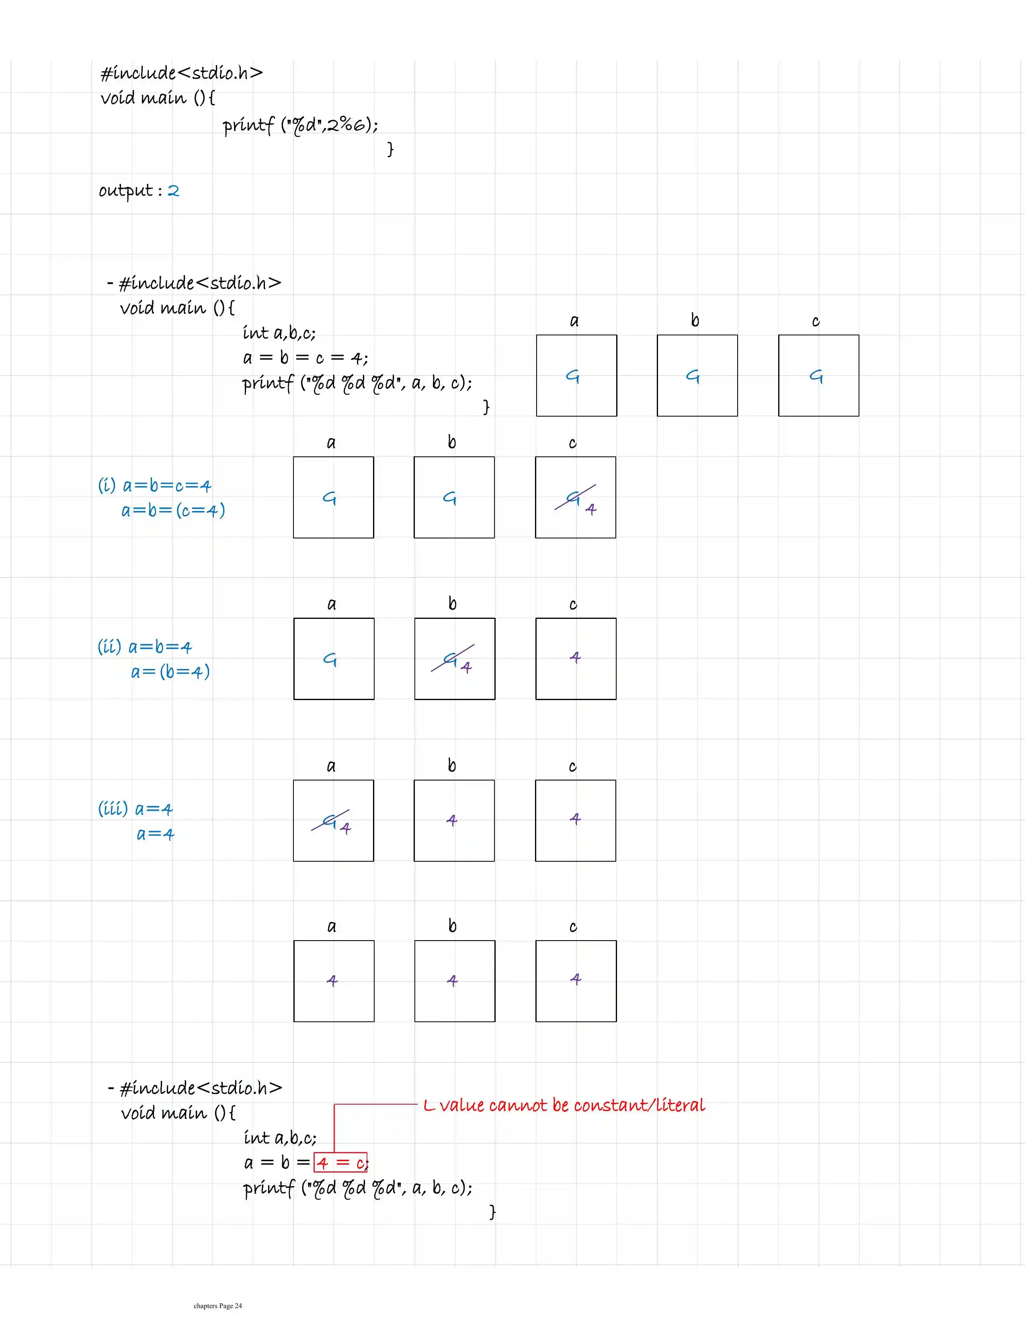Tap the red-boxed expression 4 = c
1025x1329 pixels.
tap(340, 1162)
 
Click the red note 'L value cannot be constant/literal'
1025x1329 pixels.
tap(564, 1105)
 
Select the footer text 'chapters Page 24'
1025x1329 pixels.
tap(218, 1305)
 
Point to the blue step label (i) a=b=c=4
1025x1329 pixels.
tap(154, 486)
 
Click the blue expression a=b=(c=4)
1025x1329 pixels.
tap(173, 510)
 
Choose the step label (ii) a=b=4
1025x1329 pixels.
tap(145, 647)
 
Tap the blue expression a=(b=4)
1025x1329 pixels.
tap(170, 672)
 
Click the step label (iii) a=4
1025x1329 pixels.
tap(135, 809)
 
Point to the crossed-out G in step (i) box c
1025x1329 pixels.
tap(572, 498)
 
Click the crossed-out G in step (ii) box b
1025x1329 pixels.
tap(450, 659)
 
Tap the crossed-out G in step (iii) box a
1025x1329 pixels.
tap(329, 821)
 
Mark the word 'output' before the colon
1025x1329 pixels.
tap(126, 191)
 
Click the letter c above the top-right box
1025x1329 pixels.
tap(816, 321)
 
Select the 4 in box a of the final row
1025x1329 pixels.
tap(332, 980)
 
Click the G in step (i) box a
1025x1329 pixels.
tap(329, 498)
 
